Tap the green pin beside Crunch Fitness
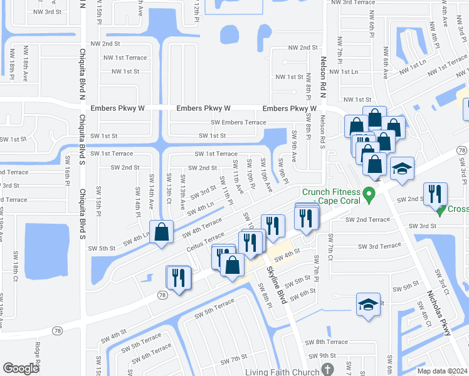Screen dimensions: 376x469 (x=369, y=196)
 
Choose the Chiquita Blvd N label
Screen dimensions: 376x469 (x=82, y=74)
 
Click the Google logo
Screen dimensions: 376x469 (x=21, y=368)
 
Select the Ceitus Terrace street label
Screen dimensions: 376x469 (x=206, y=243)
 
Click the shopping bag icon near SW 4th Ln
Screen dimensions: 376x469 (x=162, y=231)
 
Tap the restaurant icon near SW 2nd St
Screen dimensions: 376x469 (x=435, y=194)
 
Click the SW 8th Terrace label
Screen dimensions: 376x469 (x=326, y=342)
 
